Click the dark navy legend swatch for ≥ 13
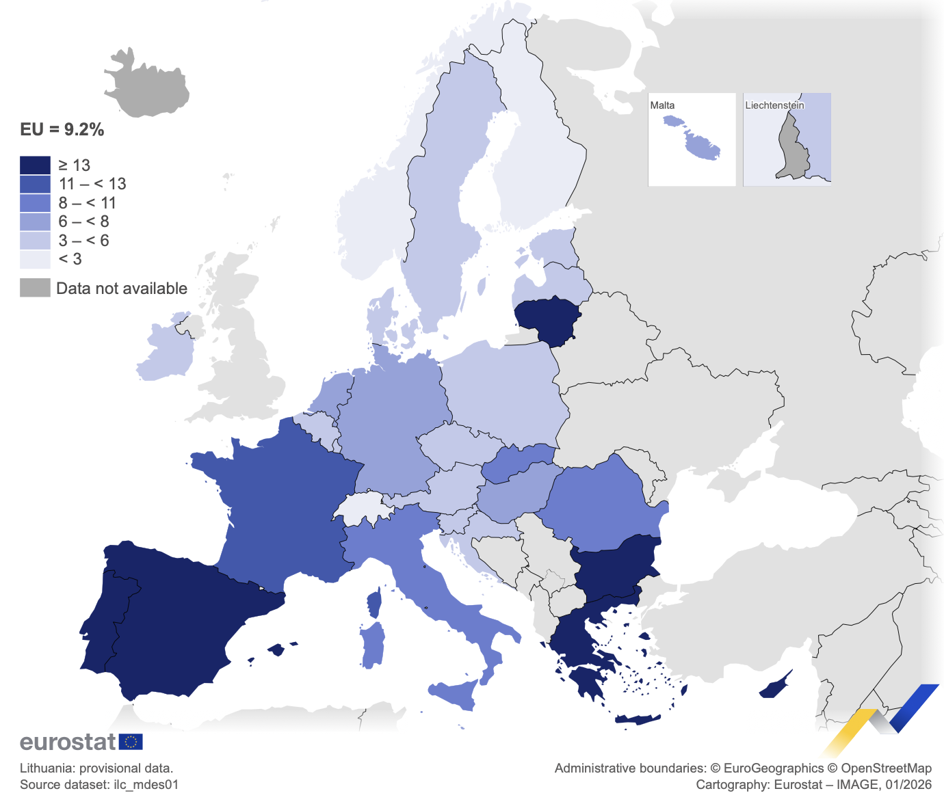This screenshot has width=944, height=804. (35, 165)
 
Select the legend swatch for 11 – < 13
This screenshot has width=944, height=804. (35, 184)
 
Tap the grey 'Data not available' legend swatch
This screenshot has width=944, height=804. (35, 288)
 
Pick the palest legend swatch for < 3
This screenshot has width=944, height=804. (35, 259)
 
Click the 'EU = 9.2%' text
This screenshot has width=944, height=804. (62, 130)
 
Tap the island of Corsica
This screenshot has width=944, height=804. (374, 603)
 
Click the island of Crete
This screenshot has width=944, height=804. (638, 719)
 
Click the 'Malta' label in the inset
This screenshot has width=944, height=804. (662, 105)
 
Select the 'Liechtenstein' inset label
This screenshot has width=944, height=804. (774, 105)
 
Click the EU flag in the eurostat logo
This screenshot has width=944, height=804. (131, 742)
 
